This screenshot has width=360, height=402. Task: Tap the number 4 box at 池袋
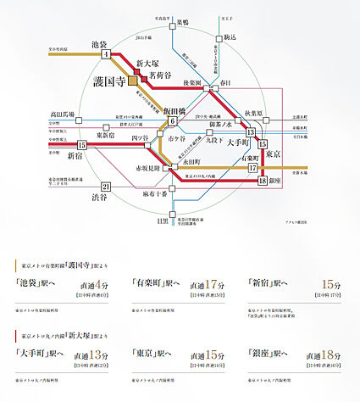[x=106, y=55]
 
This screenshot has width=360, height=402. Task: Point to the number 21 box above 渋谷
[x=106, y=187]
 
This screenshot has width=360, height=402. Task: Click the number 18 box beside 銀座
[x=263, y=181]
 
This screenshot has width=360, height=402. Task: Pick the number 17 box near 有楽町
[x=253, y=168]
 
